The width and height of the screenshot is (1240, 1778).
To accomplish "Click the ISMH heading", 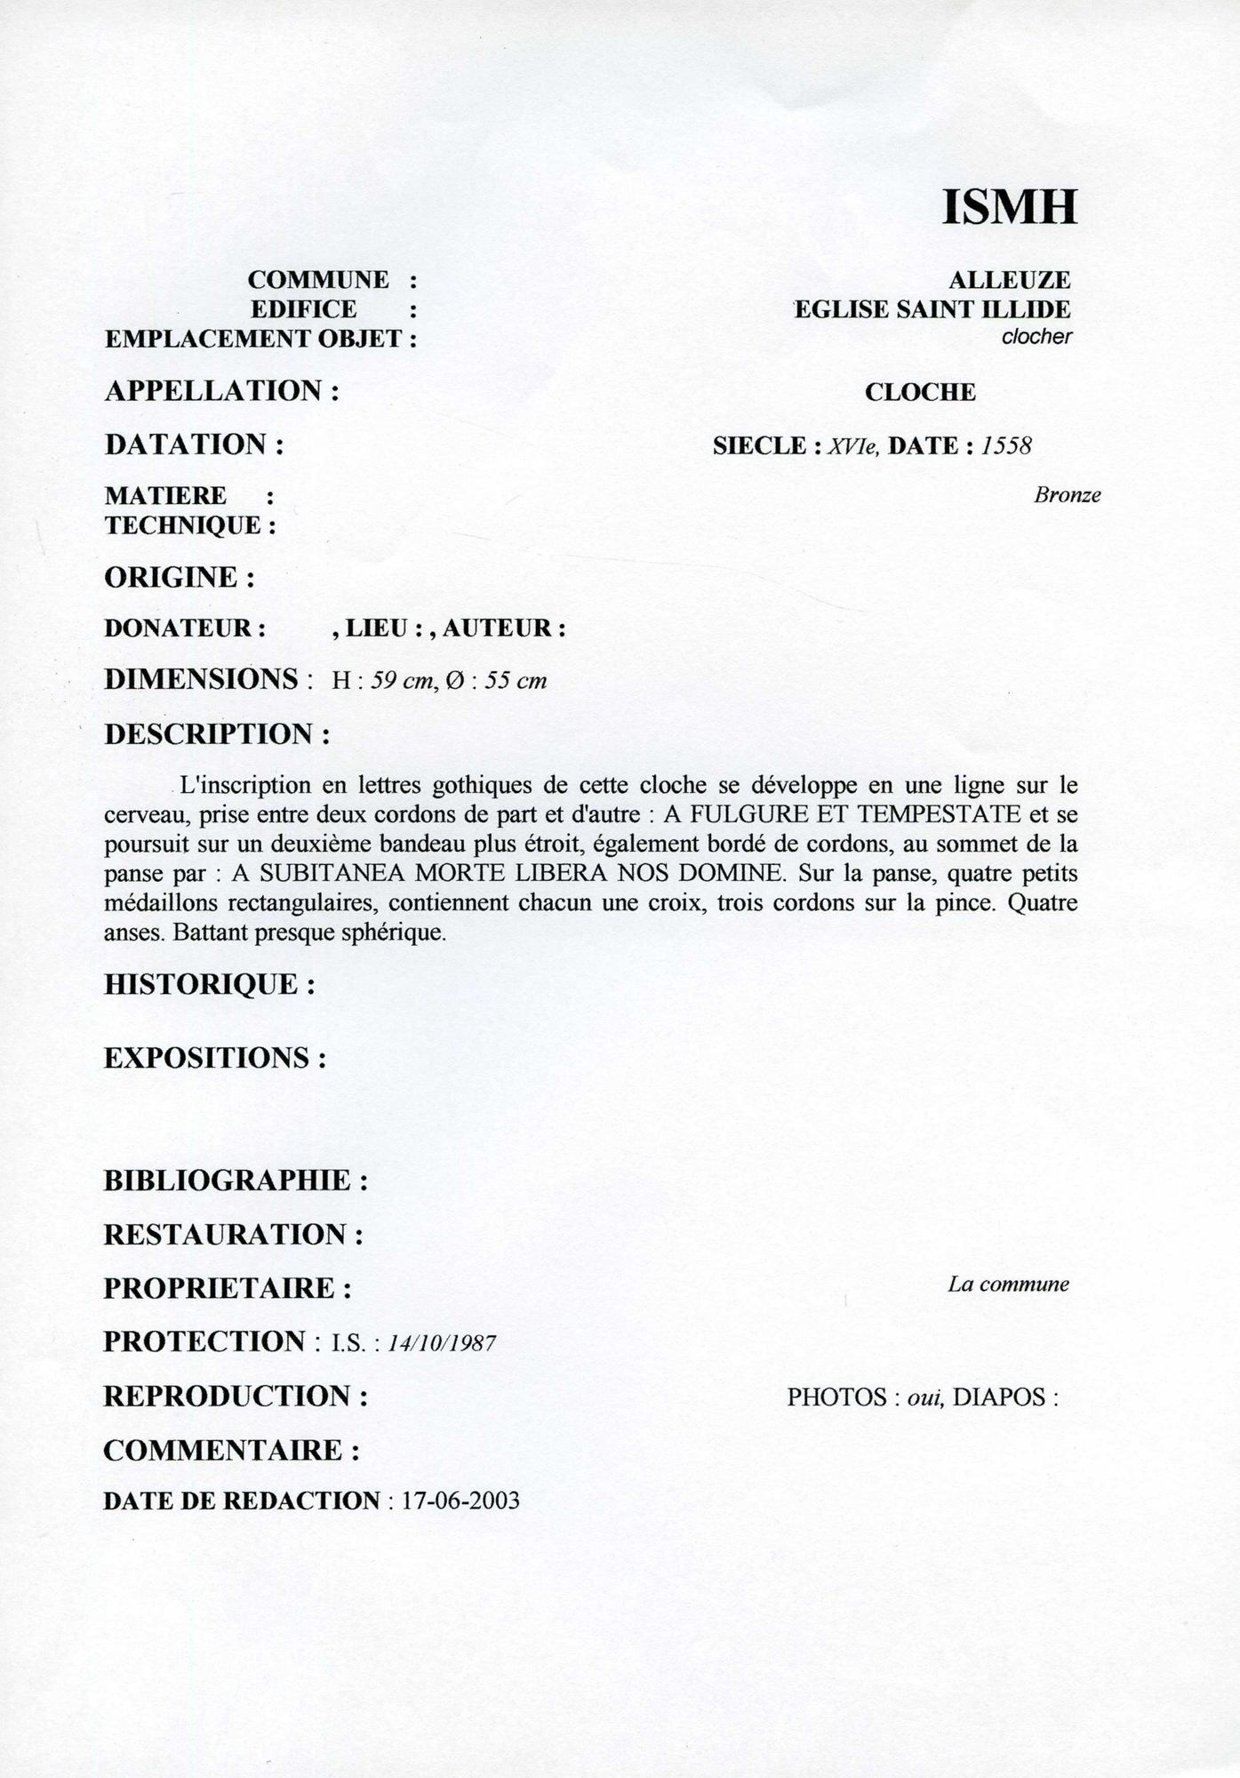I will click(1009, 207).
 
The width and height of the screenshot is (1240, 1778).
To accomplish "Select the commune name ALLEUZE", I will click(1009, 280).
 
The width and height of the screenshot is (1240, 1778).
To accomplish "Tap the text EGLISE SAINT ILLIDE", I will click(932, 309).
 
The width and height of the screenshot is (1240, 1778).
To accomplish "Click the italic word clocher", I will click(1036, 337).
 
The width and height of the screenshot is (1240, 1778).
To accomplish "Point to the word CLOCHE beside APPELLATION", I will click(920, 392).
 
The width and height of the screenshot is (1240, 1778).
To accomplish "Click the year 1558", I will click(1006, 445).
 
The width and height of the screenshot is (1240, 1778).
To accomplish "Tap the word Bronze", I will click(1067, 496).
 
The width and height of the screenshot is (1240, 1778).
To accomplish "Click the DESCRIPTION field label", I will click(218, 735).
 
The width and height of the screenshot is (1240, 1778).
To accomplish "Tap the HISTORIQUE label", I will click(210, 984).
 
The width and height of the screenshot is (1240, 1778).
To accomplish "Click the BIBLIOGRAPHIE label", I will click(236, 1181).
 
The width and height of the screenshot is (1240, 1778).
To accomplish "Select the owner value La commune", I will click(1008, 1284).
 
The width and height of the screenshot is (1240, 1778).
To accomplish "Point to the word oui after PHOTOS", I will click(924, 1397).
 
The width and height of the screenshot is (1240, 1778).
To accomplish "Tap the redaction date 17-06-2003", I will click(460, 1502).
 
